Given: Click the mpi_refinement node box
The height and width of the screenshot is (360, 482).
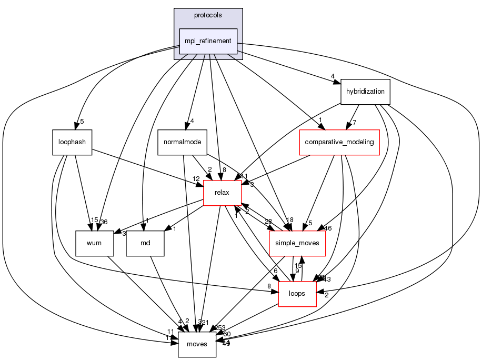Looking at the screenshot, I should [x=208, y=41].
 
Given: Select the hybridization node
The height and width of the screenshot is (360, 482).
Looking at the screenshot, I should [x=365, y=92].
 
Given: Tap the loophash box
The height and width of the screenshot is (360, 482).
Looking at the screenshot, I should [x=72, y=142].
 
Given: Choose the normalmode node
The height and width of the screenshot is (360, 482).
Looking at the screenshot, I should [x=182, y=142].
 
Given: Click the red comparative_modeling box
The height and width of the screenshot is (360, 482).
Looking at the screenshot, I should [x=339, y=142].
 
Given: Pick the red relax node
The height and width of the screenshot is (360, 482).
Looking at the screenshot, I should [x=222, y=193].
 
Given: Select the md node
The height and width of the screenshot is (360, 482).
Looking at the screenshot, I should [x=145, y=244].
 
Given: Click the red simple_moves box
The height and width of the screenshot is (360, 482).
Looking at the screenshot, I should [x=297, y=244].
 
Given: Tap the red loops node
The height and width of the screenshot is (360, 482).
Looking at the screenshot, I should [x=297, y=293].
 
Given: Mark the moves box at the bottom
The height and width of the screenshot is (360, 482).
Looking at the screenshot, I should [x=197, y=344].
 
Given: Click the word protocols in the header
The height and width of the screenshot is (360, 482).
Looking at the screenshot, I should [x=208, y=15].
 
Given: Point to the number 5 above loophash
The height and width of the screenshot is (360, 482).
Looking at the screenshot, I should [x=82, y=122].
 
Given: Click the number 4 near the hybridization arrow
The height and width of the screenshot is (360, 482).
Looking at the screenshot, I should [x=333, y=76].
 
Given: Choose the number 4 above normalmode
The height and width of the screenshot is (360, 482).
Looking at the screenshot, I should [x=193, y=122].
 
